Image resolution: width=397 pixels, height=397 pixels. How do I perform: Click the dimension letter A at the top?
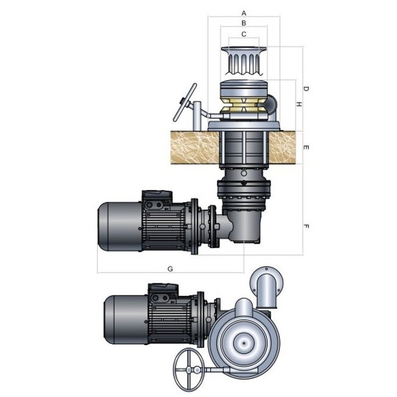(244, 12)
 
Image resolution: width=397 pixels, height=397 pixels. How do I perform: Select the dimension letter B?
(244, 23)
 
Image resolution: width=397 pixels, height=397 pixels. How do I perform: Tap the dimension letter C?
(244, 34)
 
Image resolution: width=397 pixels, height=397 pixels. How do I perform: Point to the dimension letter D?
(306, 89)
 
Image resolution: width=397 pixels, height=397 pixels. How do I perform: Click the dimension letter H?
(298, 105)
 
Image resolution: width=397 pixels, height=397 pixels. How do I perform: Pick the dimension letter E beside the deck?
(306, 148)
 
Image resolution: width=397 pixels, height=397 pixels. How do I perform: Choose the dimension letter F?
(306, 227)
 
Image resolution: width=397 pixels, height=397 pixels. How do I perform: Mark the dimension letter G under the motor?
(170, 268)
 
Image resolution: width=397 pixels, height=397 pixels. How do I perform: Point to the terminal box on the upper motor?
(157, 199)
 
